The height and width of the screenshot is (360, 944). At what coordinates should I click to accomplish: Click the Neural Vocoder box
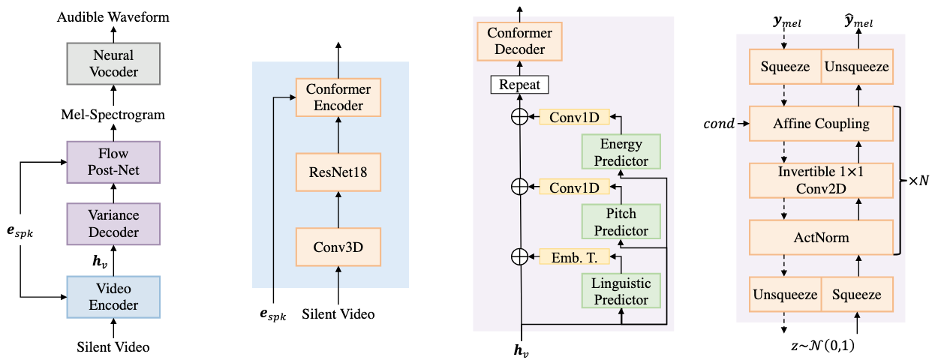point(113,63)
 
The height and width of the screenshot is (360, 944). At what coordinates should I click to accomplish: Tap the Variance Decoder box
point(113,223)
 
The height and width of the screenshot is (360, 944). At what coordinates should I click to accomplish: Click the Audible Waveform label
point(113,16)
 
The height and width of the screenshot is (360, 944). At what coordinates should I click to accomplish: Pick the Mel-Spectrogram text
point(113,115)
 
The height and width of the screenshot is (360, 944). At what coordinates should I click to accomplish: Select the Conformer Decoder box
point(520,41)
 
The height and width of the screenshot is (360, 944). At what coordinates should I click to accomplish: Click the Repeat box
point(520,84)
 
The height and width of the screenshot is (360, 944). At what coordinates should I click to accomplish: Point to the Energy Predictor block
point(621,151)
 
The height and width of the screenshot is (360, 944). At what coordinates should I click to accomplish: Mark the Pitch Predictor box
point(621,222)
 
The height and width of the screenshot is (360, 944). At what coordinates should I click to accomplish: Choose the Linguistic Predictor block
point(621,292)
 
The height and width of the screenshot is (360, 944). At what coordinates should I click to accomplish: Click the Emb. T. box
point(570,256)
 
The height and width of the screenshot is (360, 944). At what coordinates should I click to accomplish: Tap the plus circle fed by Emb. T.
point(520,256)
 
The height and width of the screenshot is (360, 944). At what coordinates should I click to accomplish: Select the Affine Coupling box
point(821,123)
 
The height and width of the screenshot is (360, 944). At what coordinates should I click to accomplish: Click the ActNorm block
point(821,238)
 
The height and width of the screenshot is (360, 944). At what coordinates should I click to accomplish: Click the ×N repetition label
point(918,181)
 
